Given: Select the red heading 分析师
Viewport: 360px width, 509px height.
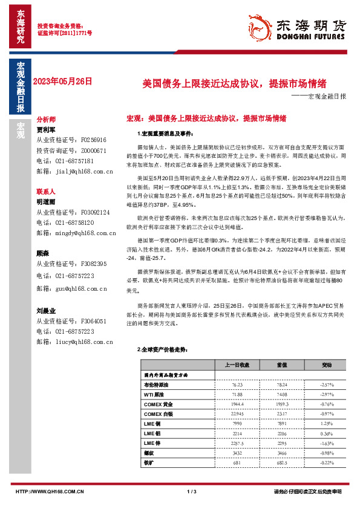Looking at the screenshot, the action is [x=46, y=120].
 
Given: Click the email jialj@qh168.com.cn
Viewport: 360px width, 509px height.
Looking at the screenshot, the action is [x=74, y=172].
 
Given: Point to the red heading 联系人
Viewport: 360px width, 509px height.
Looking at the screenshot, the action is [x=46, y=191].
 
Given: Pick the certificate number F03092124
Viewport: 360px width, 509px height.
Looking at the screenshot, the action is [x=89, y=213].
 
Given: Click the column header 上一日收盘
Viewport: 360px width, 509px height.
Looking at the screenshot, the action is [x=237, y=365].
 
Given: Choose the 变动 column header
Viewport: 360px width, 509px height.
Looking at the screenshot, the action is [x=327, y=365].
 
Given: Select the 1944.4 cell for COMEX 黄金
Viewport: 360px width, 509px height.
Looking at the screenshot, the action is [x=237, y=403].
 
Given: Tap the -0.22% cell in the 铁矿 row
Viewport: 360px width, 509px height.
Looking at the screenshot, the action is [x=327, y=462].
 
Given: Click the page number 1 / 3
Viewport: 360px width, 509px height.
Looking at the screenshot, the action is [x=192, y=491].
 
